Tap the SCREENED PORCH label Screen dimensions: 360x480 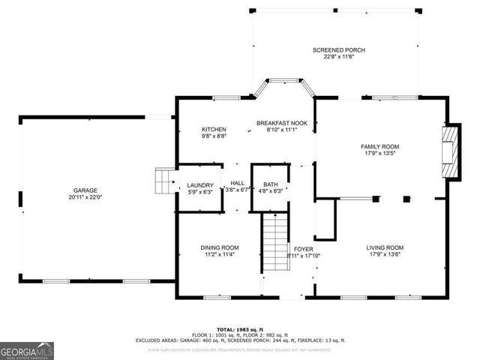point(338,49)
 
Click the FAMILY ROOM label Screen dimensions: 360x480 point(379,147)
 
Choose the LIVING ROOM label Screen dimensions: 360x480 point(385,247)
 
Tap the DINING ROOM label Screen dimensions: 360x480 point(219,247)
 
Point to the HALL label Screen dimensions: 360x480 point(237,183)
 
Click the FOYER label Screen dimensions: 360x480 point(303,248)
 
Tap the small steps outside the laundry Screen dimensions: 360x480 point(164,181)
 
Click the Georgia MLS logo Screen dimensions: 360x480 point(26,350)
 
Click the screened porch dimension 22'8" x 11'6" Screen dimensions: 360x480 point(338,57)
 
